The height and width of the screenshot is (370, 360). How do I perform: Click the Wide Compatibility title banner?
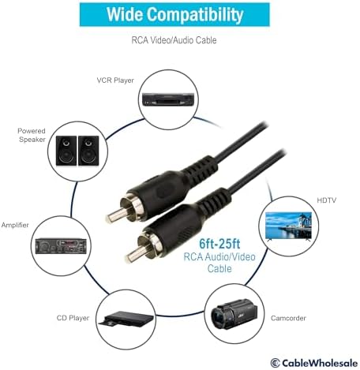(x=174, y=14)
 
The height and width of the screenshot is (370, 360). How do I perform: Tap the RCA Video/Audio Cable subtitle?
(x=174, y=40)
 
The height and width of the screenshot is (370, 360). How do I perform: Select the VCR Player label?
(x=115, y=80)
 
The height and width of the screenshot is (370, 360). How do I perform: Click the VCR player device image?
(x=168, y=99)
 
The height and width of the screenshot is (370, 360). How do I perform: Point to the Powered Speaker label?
(x=32, y=135)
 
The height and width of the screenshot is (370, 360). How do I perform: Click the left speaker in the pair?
(x=66, y=151)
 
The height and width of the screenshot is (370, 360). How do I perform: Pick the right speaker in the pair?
(x=88, y=151)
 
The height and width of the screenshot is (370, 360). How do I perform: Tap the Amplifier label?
(x=15, y=225)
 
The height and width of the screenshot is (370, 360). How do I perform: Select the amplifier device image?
(x=61, y=246)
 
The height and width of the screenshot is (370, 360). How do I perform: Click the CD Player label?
(x=73, y=318)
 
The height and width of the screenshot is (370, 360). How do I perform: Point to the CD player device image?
(x=126, y=319)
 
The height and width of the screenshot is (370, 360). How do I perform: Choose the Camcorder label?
(x=288, y=318)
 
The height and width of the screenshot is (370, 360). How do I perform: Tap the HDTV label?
(x=327, y=200)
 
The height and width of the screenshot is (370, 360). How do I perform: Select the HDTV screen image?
(x=288, y=226)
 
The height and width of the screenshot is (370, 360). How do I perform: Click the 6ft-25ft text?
(x=219, y=244)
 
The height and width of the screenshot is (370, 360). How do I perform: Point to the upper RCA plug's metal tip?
(x=114, y=215)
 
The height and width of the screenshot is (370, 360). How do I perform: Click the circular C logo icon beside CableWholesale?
(x=276, y=363)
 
